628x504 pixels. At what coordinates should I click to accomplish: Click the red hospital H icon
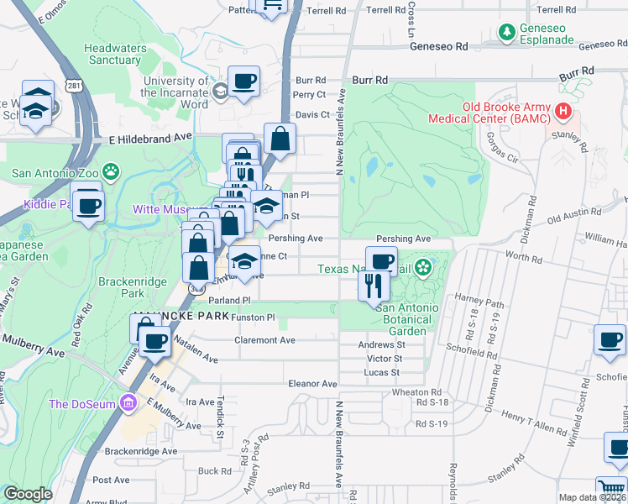tap(563, 111)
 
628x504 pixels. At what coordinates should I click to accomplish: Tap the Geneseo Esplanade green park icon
tap(507, 33)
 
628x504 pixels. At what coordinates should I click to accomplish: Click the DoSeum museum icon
tap(128, 404)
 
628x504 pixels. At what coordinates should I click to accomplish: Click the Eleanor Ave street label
tap(312, 383)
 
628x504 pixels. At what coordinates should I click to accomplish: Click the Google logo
tap(28, 494)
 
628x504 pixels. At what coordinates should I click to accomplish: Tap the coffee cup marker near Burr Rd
tap(243, 81)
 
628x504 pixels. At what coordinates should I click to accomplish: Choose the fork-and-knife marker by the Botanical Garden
tap(374, 286)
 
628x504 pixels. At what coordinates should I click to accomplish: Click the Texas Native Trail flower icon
tap(424, 268)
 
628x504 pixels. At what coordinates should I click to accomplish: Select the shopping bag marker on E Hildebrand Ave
tap(280, 139)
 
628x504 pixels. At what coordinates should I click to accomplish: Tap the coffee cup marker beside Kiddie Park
tap(88, 205)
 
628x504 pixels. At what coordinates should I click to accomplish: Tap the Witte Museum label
tap(170, 208)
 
